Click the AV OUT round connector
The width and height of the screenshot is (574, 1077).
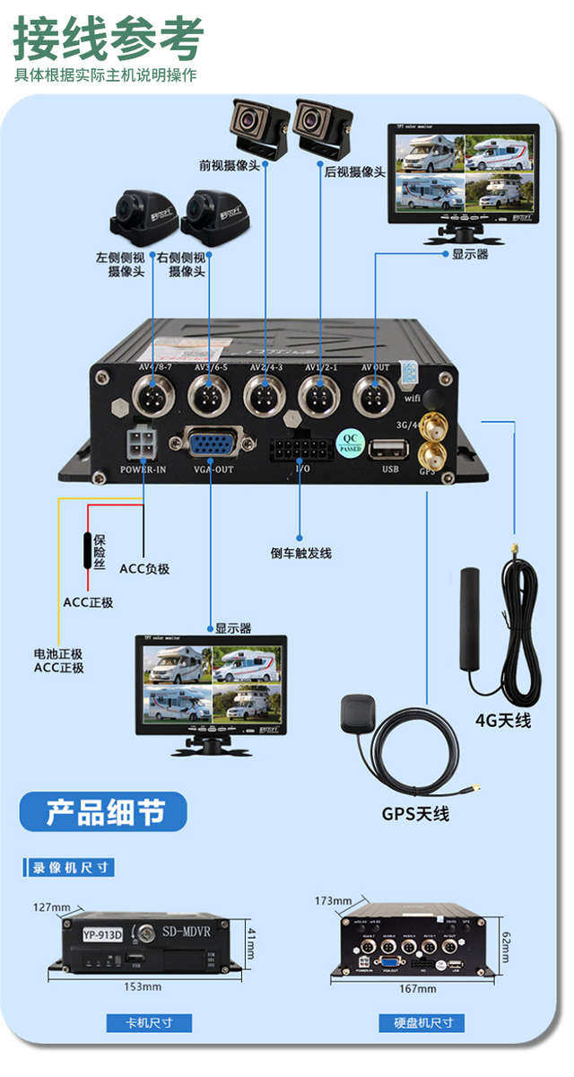(x=375, y=395)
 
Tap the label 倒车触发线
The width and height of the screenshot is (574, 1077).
(x=300, y=553)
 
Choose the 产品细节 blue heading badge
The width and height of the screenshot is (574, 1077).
(x=104, y=812)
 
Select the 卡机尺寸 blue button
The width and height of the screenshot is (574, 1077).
(x=149, y=1022)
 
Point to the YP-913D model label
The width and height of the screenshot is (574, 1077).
(x=103, y=933)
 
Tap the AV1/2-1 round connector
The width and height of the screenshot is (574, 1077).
(x=319, y=395)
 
